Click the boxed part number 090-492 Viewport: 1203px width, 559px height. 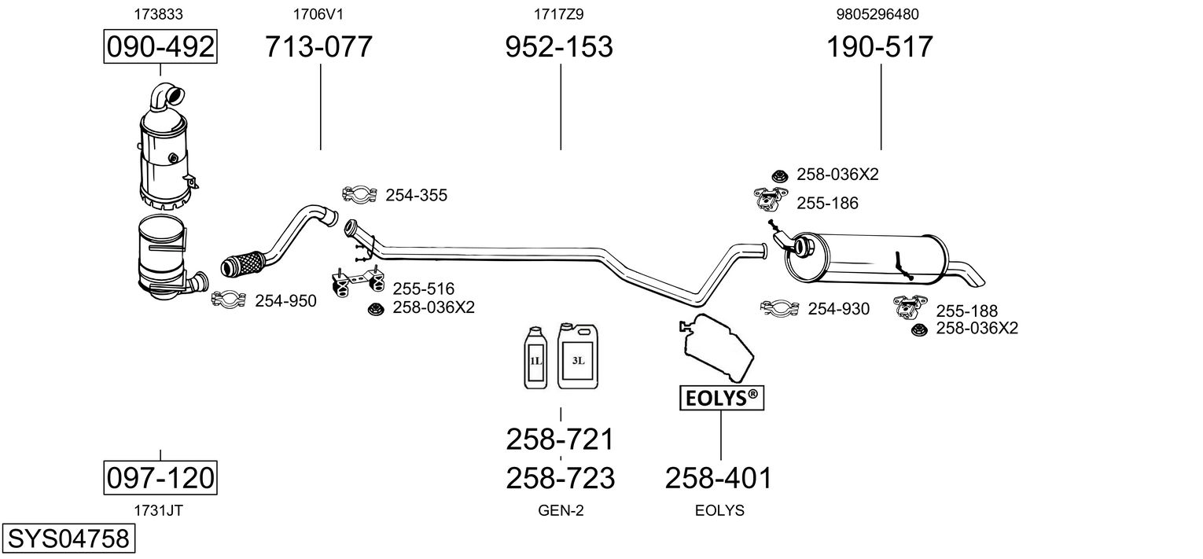click(x=160, y=46)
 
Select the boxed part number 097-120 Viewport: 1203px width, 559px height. click(x=160, y=477)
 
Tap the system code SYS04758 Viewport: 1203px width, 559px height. click(x=68, y=538)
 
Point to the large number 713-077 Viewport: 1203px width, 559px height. click(x=318, y=46)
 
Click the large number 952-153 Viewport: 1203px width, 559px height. click(x=559, y=46)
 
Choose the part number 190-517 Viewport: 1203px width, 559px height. click(x=880, y=46)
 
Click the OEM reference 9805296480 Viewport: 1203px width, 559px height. click(x=877, y=14)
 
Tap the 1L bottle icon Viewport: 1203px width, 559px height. click(x=535, y=357)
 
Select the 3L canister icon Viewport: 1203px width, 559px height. click(x=578, y=356)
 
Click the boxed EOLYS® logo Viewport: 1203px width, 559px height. click(x=722, y=398)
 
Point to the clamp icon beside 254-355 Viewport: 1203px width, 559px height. click(x=359, y=194)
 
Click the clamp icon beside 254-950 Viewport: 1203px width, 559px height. click(x=229, y=299)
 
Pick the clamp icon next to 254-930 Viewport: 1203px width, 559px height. click(x=780, y=307)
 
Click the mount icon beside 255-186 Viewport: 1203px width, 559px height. click(x=771, y=199)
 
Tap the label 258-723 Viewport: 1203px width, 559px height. click(x=560, y=478)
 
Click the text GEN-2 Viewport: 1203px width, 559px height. click(x=561, y=510)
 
